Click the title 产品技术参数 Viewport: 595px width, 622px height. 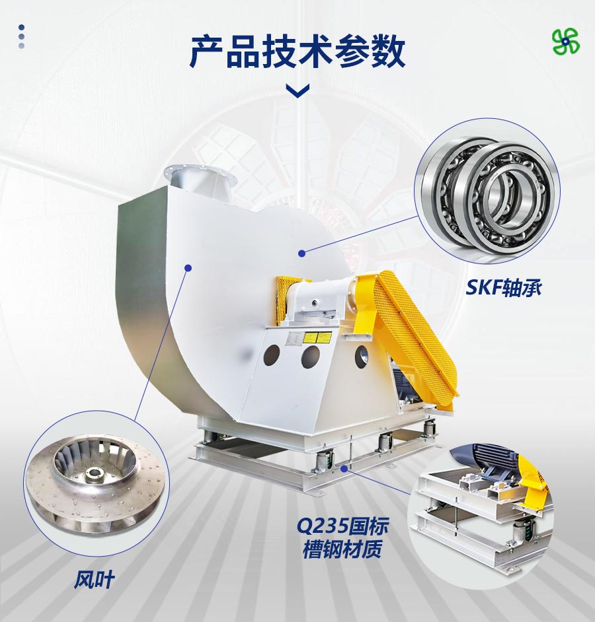[297, 52]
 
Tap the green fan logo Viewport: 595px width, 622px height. [566, 41]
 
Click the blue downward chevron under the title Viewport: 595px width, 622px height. [298, 91]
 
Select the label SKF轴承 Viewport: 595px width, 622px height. [503, 287]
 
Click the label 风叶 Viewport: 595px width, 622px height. [94, 580]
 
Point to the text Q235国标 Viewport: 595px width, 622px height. [342, 526]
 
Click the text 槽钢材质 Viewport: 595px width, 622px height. [342, 549]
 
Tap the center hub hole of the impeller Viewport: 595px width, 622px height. [94, 473]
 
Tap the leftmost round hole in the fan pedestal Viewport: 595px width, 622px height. [272, 355]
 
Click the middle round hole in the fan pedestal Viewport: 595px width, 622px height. [311, 357]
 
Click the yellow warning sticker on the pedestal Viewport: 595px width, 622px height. [317, 338]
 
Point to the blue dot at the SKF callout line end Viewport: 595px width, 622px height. [302, 253]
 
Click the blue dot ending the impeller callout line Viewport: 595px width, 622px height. [188, 268]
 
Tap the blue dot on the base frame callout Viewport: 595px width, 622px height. [344, 469]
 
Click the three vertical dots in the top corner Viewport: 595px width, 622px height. [21, 36]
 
